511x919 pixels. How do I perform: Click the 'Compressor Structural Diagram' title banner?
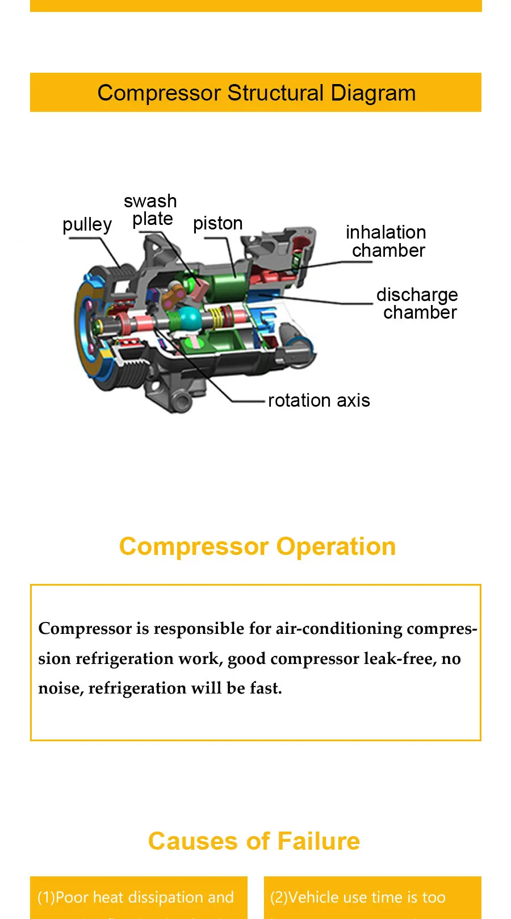click(256, 93)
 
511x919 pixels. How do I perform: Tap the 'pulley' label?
click(87, 225)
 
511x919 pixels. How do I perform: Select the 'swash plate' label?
click(151, 210)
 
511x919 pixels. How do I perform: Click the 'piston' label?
click(217, 223)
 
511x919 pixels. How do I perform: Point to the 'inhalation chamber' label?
click(387, 241)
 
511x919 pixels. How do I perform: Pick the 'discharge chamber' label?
click(417, 303)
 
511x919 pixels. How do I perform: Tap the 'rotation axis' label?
click(319, 400)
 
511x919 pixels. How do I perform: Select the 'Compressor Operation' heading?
click(257, 546)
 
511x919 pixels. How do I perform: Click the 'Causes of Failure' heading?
click(254, 841)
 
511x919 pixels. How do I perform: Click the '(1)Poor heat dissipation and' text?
click(136, 897)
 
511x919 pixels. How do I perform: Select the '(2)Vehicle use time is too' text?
click(358, 897)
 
